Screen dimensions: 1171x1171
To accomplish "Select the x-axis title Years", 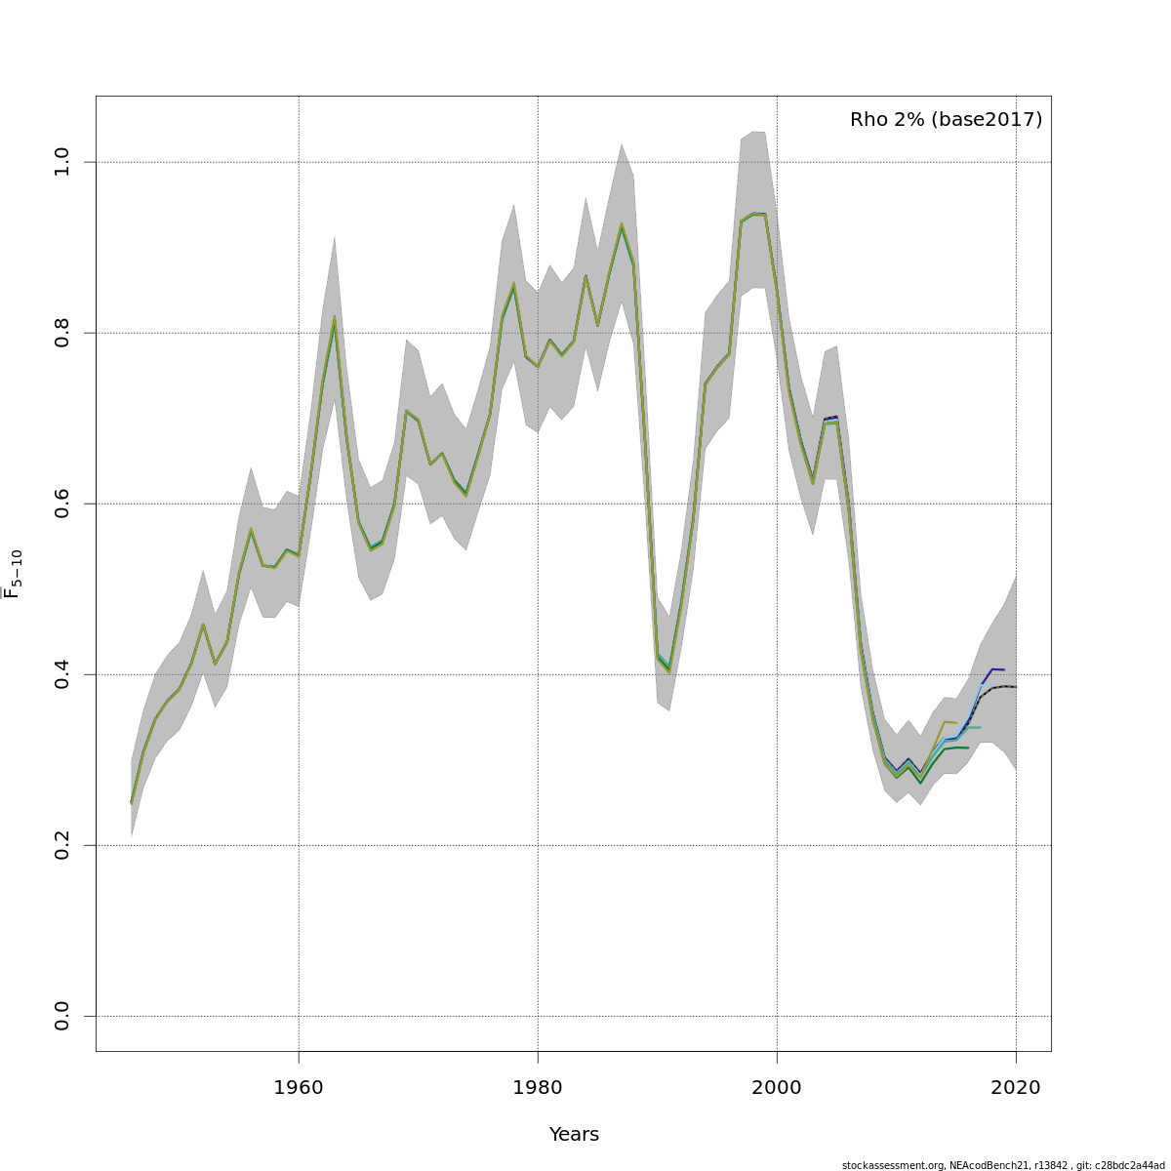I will pyautogui.click(x=574, y=1135).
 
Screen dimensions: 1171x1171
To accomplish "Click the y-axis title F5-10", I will pyautogui.click(x=13, y=574).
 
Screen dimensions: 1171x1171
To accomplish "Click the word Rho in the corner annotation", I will pyautogui.click(x=868, y=120).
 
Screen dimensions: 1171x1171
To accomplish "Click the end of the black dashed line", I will pyautogui.click(x=1016, y=687).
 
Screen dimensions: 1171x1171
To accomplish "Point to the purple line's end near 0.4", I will pyautogui.click(x=1004, y=669).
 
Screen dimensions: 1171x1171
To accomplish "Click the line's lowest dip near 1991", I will pyautogui.click(x=669, y=670).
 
